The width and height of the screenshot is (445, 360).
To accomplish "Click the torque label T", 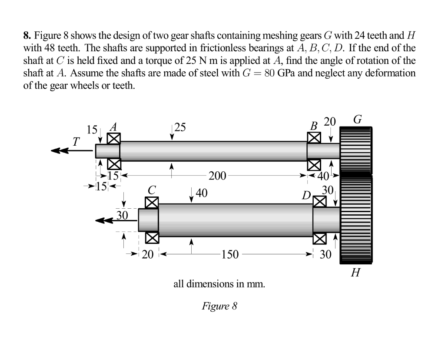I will pos(76,141).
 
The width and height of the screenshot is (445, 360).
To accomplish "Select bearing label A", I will pos(114,127).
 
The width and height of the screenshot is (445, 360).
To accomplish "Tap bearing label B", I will pos(314,127).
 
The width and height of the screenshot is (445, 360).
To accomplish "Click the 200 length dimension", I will pos(217,176).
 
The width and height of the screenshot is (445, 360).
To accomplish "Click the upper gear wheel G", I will pos(356,150).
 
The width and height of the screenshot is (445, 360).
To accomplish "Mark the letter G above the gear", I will pos(357,119).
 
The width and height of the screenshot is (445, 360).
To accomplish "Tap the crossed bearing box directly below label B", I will pos(314,138).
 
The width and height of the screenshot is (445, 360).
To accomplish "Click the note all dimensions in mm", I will pos(219,284).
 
